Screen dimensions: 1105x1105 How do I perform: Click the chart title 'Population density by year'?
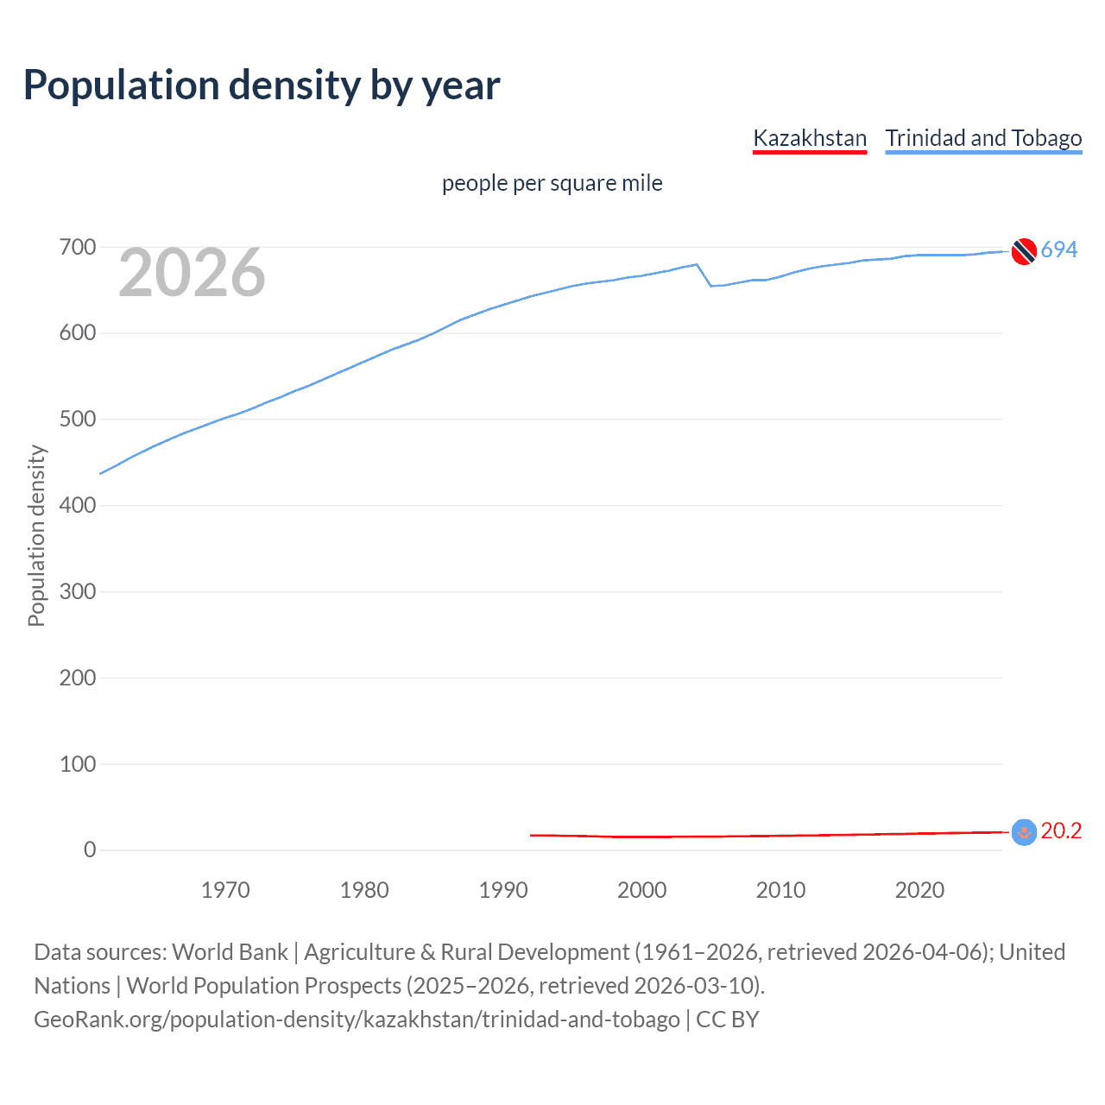262,85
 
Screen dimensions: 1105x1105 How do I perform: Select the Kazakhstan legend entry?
809,138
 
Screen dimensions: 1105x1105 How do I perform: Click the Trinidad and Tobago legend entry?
983,138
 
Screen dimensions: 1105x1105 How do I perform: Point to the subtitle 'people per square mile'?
552,184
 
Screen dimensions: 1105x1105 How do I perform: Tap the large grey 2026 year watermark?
192,273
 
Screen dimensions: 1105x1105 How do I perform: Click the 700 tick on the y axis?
77,248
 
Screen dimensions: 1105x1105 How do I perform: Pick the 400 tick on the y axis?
77,506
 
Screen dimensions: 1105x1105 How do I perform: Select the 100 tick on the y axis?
77,764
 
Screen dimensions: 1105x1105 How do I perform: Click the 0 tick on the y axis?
90,850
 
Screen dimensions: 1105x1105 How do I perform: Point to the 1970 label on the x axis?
225,890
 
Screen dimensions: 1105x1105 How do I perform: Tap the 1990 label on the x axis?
503,890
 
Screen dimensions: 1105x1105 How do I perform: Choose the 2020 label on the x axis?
919,890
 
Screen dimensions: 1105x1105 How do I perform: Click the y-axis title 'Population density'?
36,535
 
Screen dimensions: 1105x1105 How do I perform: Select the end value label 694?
1058,250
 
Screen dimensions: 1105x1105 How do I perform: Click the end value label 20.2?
1061,831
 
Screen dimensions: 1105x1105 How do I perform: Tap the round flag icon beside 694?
1024,251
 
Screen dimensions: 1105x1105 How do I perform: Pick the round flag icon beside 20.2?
1024,832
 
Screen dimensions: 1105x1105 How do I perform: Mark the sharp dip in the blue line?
710,285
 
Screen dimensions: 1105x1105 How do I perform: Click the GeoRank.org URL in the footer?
357,1020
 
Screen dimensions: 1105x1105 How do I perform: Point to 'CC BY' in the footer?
727,1020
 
